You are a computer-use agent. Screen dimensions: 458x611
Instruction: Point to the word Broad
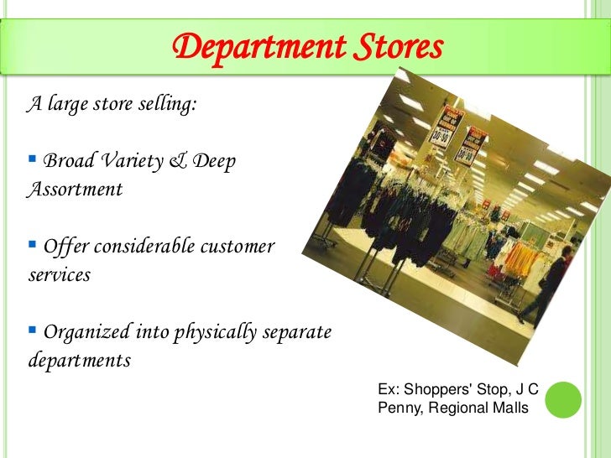(68, 160)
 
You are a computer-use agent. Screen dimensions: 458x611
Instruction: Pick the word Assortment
(75, 190)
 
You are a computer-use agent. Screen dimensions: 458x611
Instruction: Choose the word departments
(79, 362)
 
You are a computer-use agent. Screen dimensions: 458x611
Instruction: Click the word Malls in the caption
(511, 409)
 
